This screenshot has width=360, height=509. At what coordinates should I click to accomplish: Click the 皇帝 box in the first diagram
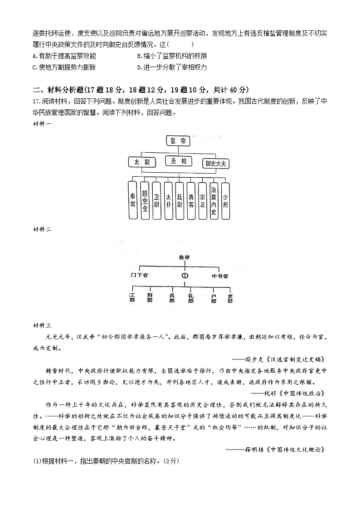[x=177, y=141]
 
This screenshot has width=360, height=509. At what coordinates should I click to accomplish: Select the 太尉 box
[x=142, y=162]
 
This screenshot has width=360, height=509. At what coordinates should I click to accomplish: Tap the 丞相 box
[x=178, y=161]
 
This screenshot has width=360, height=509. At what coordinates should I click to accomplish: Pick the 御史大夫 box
[x=215, y=163]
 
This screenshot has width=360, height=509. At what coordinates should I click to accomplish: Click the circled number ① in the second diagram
[x=185, y=275]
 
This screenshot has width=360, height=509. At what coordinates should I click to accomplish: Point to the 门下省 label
[x=139, y=275]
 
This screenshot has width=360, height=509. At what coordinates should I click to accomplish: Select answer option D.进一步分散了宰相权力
[x=172, y=68]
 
